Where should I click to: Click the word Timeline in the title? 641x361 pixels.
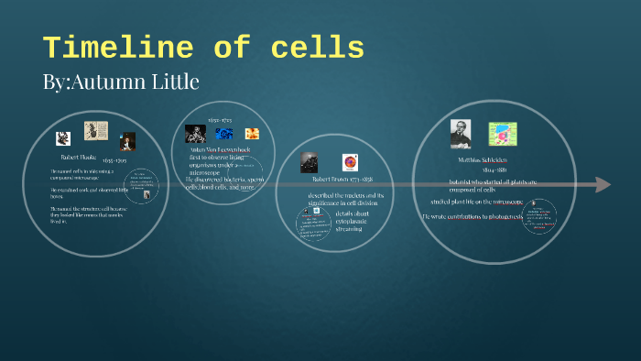pos(109,48)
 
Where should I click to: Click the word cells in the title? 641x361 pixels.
pos(320,48)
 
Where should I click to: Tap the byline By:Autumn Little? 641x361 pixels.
pos(120,82)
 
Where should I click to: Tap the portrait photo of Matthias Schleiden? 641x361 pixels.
pos(460,134)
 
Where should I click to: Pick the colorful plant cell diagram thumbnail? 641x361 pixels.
pos(502,134)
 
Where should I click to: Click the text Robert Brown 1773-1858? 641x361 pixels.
pos(336,180)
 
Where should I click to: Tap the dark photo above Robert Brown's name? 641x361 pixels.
pos(310,161)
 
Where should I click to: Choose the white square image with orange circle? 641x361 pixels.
pos(350,161)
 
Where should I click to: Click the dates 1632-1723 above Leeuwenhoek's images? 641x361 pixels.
pos(220,119)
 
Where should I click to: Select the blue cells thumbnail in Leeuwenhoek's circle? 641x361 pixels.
pos(224,134)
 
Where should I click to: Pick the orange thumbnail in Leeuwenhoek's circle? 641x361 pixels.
pos(252,134)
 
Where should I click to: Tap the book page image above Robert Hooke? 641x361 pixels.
pos(95,131)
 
